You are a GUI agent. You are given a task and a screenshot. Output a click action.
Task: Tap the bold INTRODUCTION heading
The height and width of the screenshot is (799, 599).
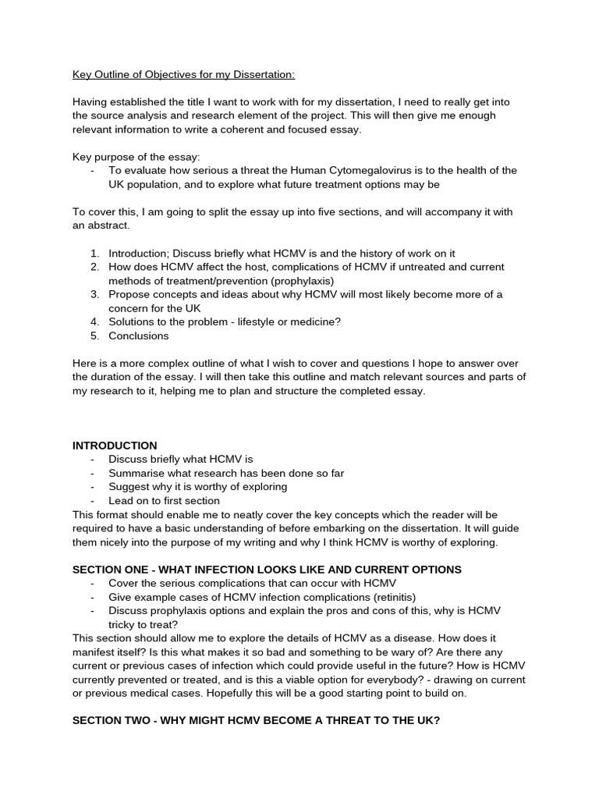click(x=115, y=445)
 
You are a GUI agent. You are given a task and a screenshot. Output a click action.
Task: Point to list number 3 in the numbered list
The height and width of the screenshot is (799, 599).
click(x=94, y=294)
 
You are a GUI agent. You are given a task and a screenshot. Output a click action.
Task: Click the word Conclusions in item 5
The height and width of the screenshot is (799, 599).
click(x=138, y=336)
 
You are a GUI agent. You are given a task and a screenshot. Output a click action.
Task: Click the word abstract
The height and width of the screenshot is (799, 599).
click(x=109, y=225)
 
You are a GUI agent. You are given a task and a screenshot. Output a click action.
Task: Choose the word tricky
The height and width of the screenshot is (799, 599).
click(x=122, y=624)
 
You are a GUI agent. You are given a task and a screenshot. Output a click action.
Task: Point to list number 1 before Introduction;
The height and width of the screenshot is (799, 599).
click(x=94, y=253)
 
